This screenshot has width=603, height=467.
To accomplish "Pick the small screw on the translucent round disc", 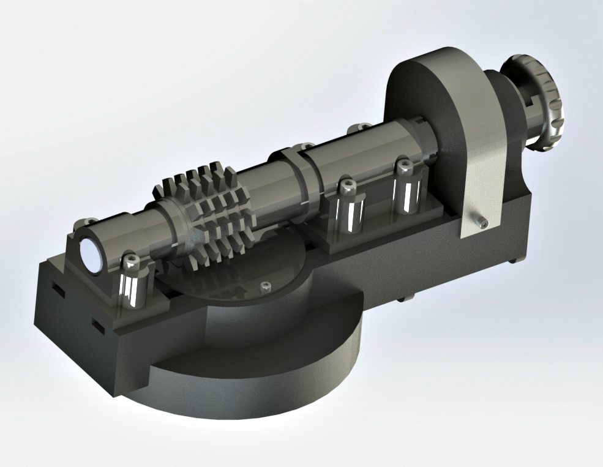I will (265, 286).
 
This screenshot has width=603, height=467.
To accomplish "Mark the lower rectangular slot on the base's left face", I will (97, 325).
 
